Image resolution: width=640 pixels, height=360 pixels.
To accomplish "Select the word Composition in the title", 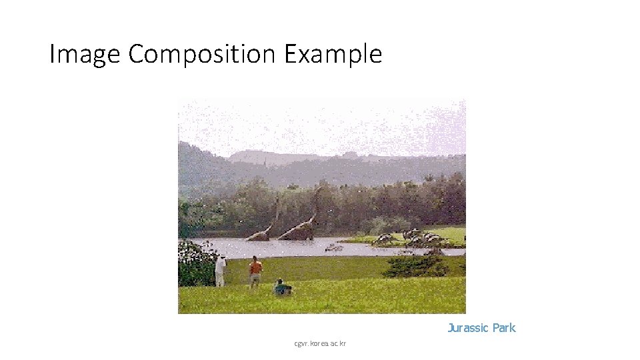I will pyautogui.click(x=201, y=54).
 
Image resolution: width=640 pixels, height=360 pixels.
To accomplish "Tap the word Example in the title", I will pyautogui.click(x=333, y=54).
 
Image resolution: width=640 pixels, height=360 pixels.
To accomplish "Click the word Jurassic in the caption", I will pyautogui.click(x=467, y=328).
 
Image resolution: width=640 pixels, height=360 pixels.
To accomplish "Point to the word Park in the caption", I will pyautogui.click(x=503, y=328).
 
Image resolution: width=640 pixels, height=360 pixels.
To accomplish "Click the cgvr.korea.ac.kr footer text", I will pyautogui.click(x=320, y=344).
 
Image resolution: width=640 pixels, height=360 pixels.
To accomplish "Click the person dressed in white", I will pyautogui.click(x=220, y=271).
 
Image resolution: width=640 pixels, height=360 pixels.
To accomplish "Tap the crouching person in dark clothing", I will pyautogui.click(x=282, y=288).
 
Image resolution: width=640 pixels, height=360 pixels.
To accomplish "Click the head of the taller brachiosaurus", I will pyautogui.click(x=319, y=189).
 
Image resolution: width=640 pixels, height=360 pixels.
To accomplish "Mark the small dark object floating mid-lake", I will pyautogui.click(x=334, y=248).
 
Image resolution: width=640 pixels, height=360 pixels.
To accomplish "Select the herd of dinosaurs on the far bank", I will pyautogui.click(x=410, y=238).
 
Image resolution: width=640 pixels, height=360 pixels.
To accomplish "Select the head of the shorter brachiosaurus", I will pyautogui.click(x=277, y=200).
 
